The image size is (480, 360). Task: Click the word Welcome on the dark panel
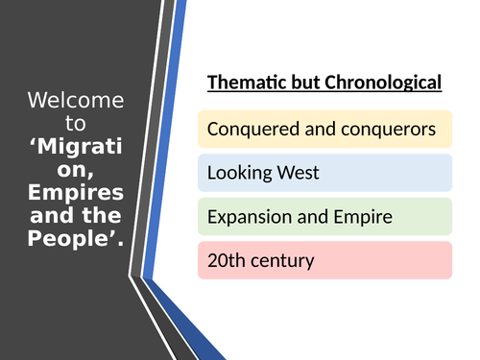[x=75, y=101]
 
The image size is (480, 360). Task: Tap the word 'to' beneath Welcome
[x=75, y=123]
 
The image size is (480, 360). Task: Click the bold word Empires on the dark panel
[x=75, y=188]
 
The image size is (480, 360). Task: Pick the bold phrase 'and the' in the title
[x=75, y=210]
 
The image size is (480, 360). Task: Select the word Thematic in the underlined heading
[x=246, y=84]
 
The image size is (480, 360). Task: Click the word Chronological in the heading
[x=384, y=84]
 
